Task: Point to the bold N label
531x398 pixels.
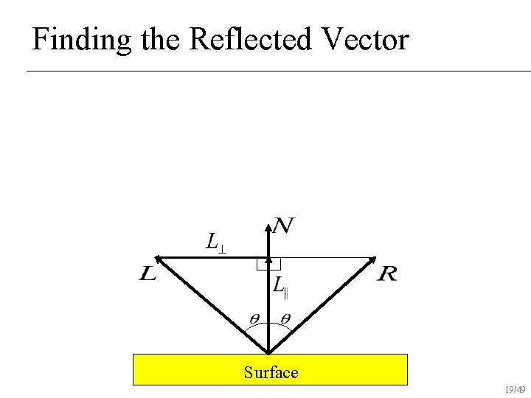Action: (283, 226)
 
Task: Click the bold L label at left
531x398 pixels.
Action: (147, 275)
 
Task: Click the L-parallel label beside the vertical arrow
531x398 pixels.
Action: (280, 285)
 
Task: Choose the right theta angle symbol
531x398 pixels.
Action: (285, 318)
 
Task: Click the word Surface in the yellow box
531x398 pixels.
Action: (271, 372)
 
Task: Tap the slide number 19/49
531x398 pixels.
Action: (516, 389)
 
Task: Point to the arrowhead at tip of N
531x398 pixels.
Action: (268, 222)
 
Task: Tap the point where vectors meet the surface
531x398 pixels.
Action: (268, 353)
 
